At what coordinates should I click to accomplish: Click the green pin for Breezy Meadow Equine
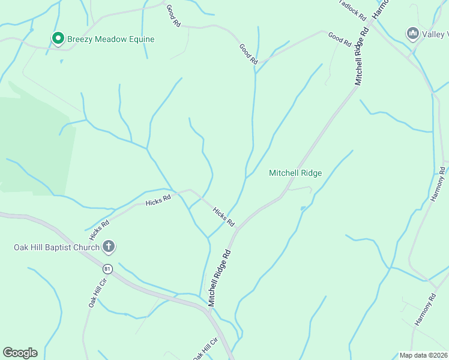[58, 39]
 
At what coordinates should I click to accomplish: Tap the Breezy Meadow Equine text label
[111, 40]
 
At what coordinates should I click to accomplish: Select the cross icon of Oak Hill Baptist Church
[109, 246]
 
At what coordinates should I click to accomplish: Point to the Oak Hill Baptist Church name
[57, 247]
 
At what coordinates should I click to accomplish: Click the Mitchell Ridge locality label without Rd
[295, 173]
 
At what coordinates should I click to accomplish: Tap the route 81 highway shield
[107, 269]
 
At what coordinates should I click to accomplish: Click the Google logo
[20, 353]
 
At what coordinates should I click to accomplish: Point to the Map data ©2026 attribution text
[423, 355]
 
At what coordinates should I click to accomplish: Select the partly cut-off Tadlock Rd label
[352, 8]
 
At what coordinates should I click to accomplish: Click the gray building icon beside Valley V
[412, 32]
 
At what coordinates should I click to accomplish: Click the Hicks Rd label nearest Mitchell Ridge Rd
[224, 217]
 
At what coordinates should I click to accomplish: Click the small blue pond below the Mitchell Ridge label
[303, 209]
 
